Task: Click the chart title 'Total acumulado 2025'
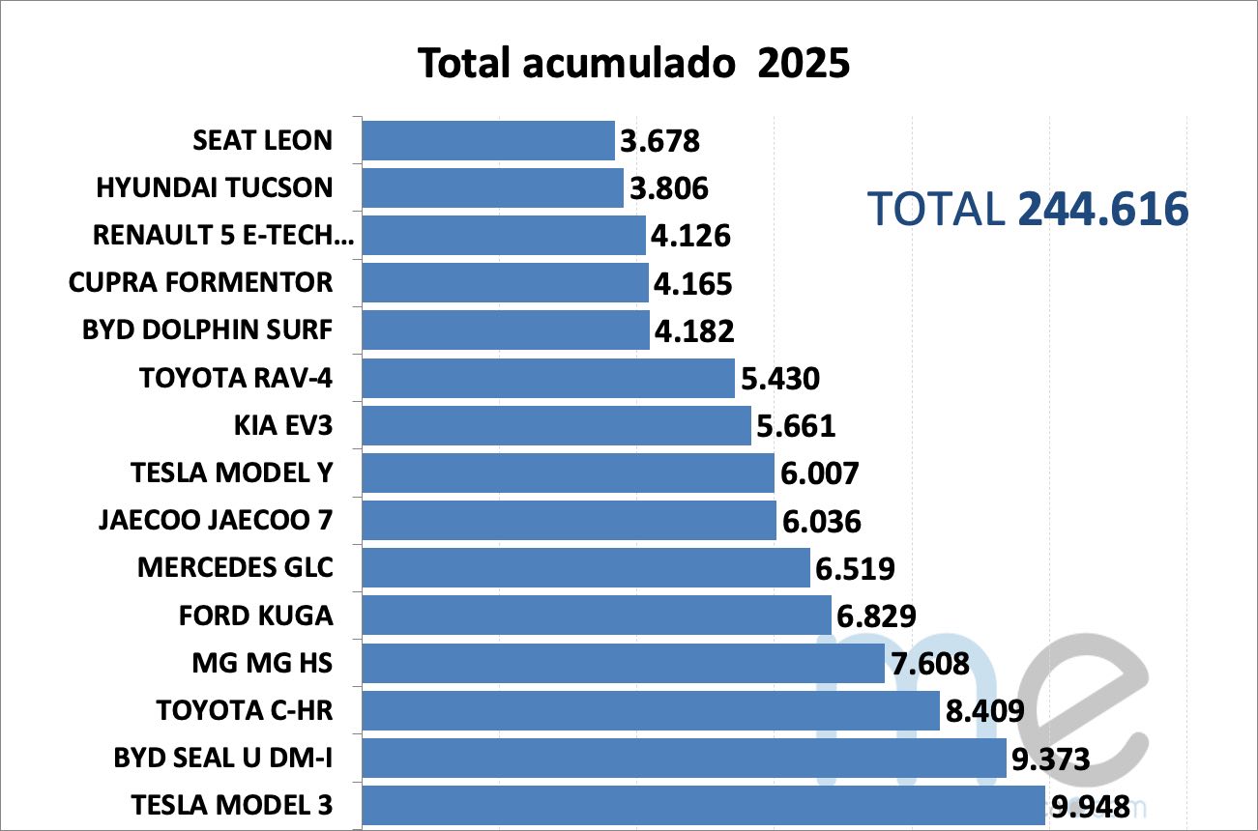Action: pos(633,64)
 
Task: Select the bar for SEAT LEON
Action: pos(488,140)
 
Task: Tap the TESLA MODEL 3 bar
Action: pos(703,805)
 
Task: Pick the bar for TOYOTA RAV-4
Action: pos(548,378)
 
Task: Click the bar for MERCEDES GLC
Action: pos(586,567)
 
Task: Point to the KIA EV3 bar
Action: pos(556,425)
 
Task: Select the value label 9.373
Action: pos(1051,759)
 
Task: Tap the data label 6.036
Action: pos(821,522)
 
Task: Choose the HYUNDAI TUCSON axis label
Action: pos(214,187)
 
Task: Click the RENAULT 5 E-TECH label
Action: pos(223,235)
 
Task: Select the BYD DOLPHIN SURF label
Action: pos(207,330)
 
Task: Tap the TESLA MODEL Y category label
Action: pos(231,473)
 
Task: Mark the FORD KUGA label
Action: pos(255,615)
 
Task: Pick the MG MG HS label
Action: pos(262,662)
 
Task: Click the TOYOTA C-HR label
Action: pos(244,710)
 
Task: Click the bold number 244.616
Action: pos(1102,209)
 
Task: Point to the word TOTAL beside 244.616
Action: pos(936,209)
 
